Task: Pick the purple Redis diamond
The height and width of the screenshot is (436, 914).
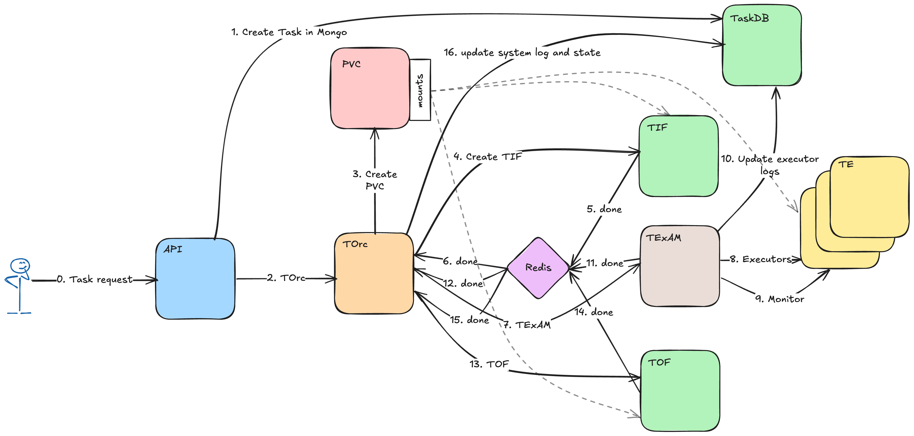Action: [x=538, y=268]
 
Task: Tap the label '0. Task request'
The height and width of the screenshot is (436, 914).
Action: [x=95, y=280]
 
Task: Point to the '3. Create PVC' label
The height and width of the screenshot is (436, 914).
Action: [x=375, y=180]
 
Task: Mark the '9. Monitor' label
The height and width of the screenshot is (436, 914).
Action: [x=779, y=299]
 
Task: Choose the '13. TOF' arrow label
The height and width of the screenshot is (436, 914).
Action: [x=489, y=364]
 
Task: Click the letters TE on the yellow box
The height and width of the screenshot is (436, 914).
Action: [x=846, y=164]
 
